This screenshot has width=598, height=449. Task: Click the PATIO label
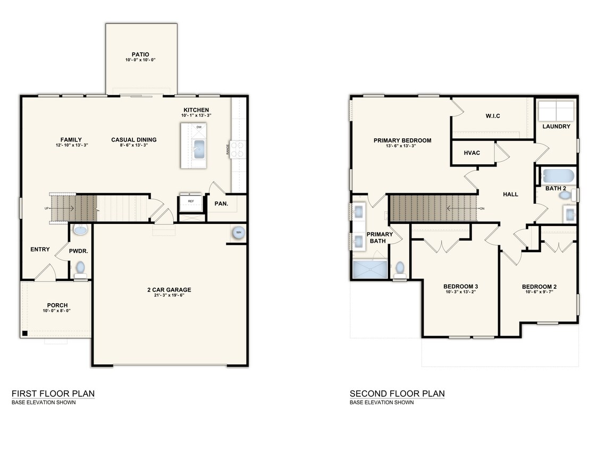(140, 54)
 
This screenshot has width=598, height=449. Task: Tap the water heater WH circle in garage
(239, 232)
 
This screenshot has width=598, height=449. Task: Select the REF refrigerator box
(190, 202)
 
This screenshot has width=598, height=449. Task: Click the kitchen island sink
(200, 149)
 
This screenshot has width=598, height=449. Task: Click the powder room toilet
(81, 268)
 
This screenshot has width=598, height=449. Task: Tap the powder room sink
(80, 230)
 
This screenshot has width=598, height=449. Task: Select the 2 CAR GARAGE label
(169, 290)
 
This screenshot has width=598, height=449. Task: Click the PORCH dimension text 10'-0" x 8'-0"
(57, 311)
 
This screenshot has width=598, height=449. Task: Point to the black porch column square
(24, 334)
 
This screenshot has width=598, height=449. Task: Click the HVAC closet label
(471, 153)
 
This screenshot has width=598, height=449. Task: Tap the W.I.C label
(493, 116)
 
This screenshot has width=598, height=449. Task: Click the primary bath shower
(370, 269)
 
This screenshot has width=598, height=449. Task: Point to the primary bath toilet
(399, 268)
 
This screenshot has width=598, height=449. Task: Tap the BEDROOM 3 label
(461, 287)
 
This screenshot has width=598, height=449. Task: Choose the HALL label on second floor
(510, 195)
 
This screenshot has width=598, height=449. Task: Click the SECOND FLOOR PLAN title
(397, 394)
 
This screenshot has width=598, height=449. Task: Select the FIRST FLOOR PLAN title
(53, 394)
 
